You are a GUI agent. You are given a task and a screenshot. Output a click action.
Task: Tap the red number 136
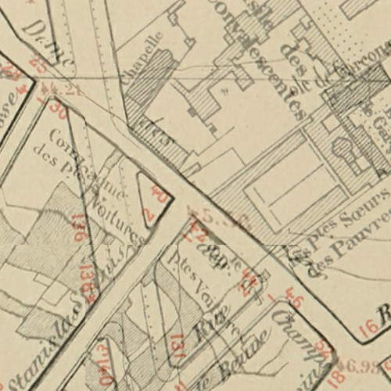coord(78,227)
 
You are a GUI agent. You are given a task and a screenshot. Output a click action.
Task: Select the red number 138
coord(88,283)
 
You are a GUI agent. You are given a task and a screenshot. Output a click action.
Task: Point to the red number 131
coord(177,345)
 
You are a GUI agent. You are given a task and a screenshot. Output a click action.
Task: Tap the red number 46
coord(294,298)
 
